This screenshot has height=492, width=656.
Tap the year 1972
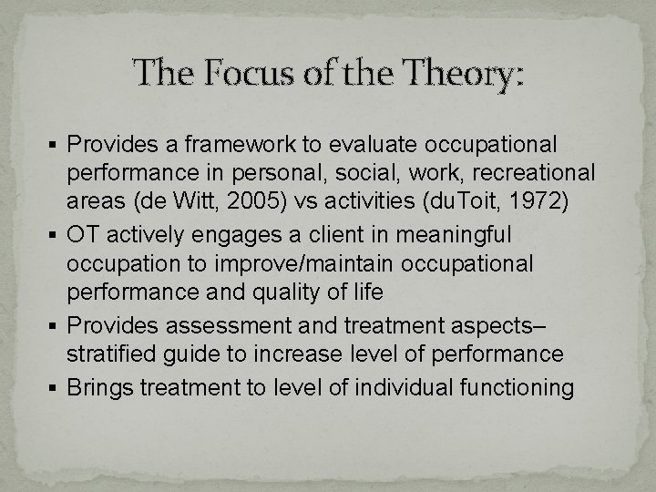coord(539,200)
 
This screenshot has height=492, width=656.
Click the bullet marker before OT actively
coord(58,236)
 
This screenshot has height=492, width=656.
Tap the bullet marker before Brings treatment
coord(58,388)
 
